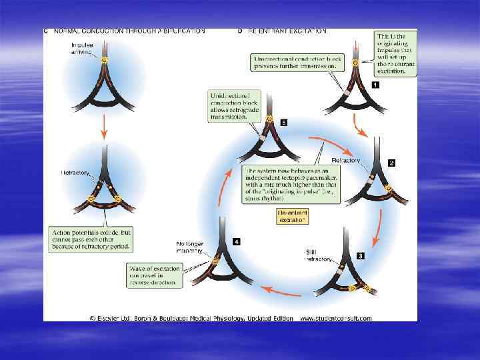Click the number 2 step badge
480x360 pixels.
tap(391, 163)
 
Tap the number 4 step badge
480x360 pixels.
tap(237, 241)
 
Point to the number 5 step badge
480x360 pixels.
tap(284, 123)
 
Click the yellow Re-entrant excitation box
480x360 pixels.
tap(292, 215)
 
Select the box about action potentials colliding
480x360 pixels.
tap(91, 239)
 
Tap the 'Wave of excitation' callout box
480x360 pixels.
tap(153, 275)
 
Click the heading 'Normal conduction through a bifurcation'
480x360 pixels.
tap(129, 31)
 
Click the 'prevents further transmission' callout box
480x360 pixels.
tap(296, 63)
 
